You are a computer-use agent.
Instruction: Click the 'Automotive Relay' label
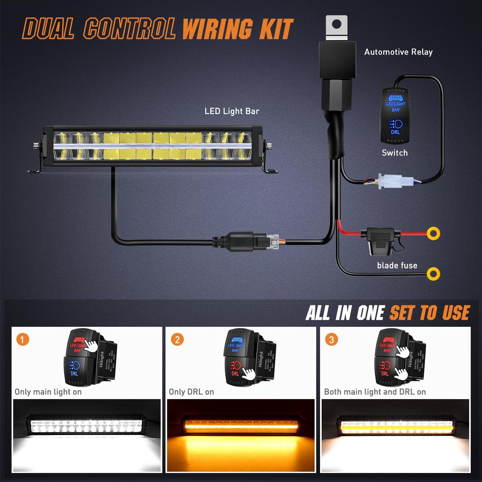click(x=398, y=52)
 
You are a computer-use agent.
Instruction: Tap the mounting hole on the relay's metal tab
click(x=336, y=24)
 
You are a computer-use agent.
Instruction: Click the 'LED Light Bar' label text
click(x=232, y=111)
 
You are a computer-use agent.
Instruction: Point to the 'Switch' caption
click(x=395, y=153)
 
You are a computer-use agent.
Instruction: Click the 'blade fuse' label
click(x=397, y=265)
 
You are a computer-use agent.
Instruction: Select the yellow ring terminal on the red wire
click(x=433, y=233)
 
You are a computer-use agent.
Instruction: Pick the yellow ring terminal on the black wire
click(x=433, y=274)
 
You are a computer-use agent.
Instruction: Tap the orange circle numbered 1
click(x=22, y=339)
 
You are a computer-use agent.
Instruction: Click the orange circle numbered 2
click(x=177, y=339)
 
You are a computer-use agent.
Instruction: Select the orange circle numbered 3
click(x=332, y=339)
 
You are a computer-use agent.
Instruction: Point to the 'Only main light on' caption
click(x=48, y=392)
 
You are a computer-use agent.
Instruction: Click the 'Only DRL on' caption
click(x=191, y=392)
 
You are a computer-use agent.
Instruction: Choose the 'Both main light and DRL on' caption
click(x=375, y=392)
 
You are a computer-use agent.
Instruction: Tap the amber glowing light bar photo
click(x=240, y=435)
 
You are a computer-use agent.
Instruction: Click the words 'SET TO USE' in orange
click(x=430, y=313)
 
